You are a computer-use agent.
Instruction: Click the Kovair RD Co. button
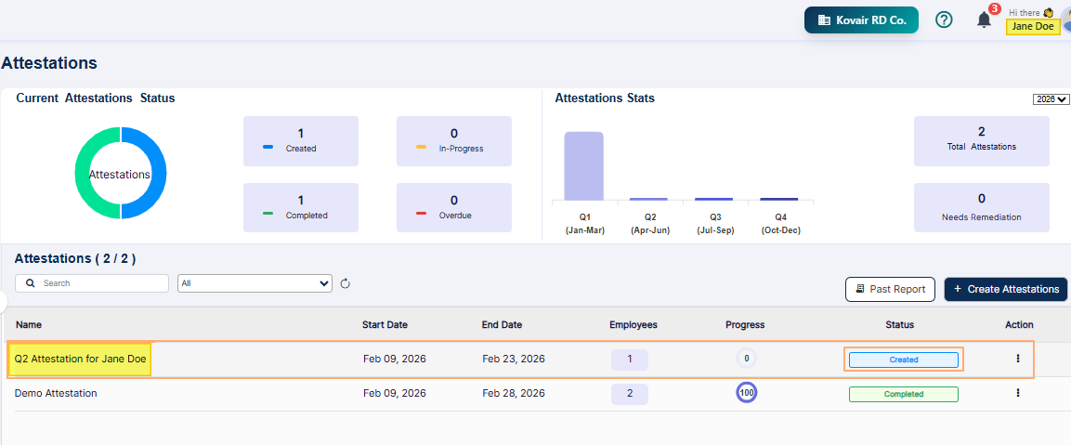point(861,20)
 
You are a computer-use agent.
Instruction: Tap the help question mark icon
point(944,20)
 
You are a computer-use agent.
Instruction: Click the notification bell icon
point(984,20)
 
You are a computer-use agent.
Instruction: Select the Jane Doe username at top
point(1033,26)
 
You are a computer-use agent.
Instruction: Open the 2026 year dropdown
point(1051,99)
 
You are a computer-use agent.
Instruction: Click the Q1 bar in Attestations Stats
point(583,165)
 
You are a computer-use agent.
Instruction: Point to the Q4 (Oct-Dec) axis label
point(779,225)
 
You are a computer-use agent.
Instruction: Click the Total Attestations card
point(981,140)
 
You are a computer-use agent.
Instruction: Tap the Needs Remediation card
point(981,207)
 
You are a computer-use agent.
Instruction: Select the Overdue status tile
point(453,207)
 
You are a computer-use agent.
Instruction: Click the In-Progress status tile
point(453,140)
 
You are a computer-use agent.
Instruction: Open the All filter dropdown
point(255,283)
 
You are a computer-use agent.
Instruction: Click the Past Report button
point(889,289)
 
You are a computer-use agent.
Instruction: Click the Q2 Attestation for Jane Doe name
point(80,359)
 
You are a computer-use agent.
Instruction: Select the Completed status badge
point(903,394)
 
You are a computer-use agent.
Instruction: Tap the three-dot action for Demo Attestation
point(1018,393)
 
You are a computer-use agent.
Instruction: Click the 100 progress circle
point(747,393)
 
